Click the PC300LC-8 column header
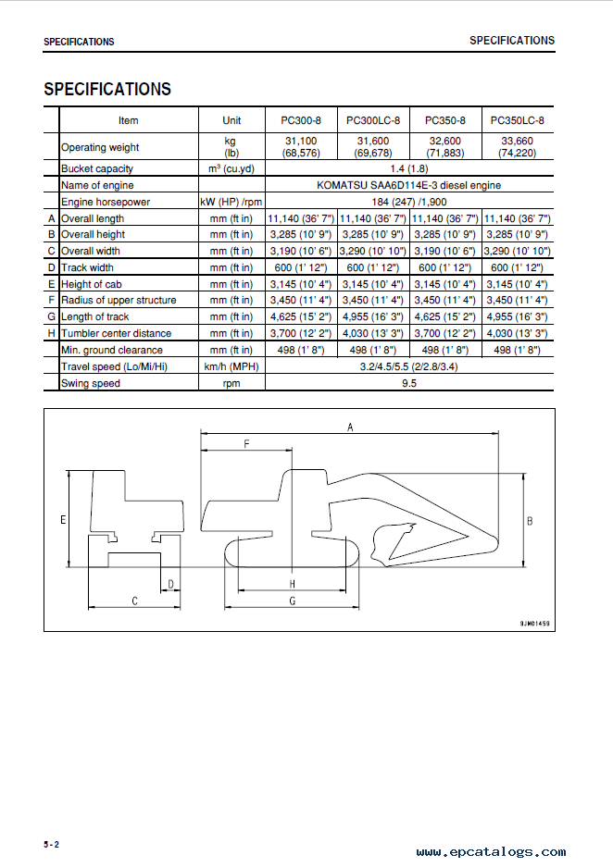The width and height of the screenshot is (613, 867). point(373,120)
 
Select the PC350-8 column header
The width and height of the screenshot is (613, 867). point(445,120)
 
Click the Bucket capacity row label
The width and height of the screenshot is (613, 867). point(97,168)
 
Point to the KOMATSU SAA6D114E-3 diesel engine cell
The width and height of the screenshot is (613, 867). point(409,185)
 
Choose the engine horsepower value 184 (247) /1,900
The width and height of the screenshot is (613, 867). point(409,202)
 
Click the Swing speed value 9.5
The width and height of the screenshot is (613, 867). point(409,383)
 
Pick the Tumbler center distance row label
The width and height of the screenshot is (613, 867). point(116,333)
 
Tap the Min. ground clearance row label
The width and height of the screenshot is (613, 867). point(112,350)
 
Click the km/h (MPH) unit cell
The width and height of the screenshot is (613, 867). point(231,366)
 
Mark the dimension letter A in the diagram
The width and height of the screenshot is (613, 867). point(350,427)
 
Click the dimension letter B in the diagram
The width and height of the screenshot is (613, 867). point(530,522)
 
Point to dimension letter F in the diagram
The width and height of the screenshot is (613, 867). point(246,444)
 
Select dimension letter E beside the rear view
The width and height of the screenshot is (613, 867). point(63,520)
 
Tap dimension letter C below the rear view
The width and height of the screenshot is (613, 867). point(135,601)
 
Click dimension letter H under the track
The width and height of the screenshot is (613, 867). point(292,585)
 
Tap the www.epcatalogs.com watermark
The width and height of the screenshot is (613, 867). point(491,852)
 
